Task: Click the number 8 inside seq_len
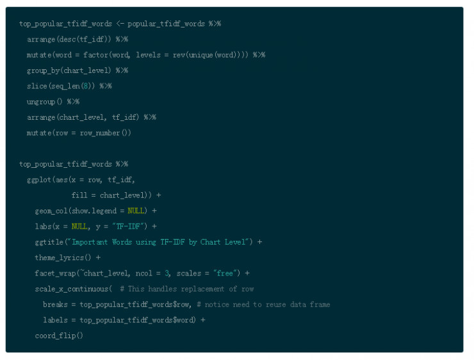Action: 86,86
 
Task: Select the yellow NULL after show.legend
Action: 136,211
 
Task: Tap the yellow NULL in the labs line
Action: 79,226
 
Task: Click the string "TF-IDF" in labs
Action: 128,226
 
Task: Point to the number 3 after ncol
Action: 167,274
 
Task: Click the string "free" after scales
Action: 225,274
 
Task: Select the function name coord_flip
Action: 55,336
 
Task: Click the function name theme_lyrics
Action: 59,258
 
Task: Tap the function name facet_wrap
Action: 55,274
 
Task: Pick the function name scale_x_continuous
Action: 71,289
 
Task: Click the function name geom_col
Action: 51,211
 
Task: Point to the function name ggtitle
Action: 49,242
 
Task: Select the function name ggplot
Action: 39,180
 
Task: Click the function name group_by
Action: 43,70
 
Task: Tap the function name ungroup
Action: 41,102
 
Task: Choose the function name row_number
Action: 100,133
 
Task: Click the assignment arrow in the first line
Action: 120,24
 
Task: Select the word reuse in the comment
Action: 275,304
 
